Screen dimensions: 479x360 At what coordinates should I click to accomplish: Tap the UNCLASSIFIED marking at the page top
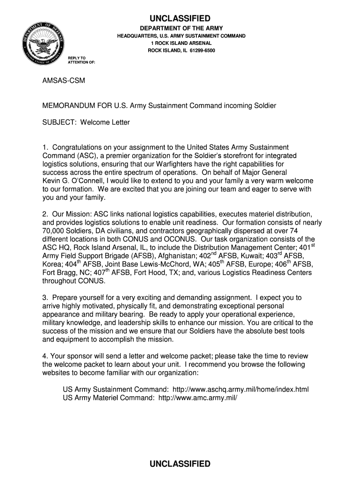(x=180, y=18)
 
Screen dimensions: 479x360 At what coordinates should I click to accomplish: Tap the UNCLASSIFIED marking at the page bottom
(x=180, y=464)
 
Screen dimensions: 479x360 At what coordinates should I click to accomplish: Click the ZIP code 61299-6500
(x=200, y=50)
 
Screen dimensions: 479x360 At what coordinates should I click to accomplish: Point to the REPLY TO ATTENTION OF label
(x=81, y=59)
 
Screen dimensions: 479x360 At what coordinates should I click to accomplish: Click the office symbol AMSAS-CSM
(x=64, y=80)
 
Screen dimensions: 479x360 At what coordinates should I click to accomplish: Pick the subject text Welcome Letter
(x=105, y=123)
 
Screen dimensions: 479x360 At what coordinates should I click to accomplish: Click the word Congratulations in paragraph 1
(x=80, y=147)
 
